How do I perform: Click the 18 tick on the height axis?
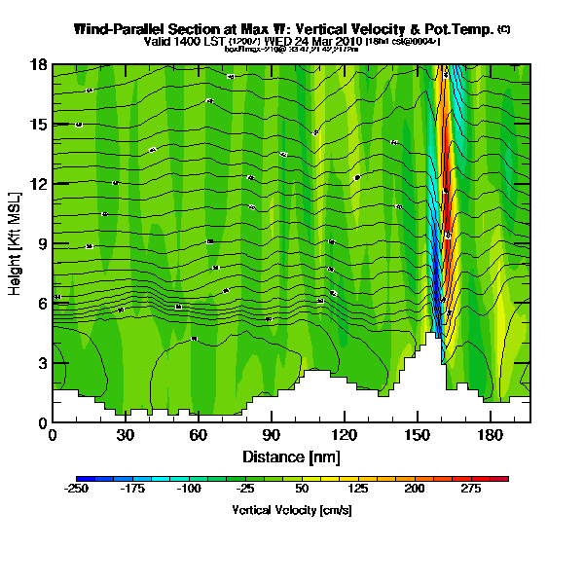[40, 65]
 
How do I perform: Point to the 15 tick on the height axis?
[40, 125]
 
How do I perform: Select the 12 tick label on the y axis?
[40, 184]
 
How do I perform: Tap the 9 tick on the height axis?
[43, 243]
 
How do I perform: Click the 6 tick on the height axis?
[43, 304]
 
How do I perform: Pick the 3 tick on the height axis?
[43, 363]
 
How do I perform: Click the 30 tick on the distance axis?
[126, 435]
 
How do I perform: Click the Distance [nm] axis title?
[291, 456]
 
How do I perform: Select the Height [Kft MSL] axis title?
[17, 243]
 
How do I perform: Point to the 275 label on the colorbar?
[470, 489]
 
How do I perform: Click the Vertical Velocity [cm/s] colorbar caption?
[291, 509]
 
